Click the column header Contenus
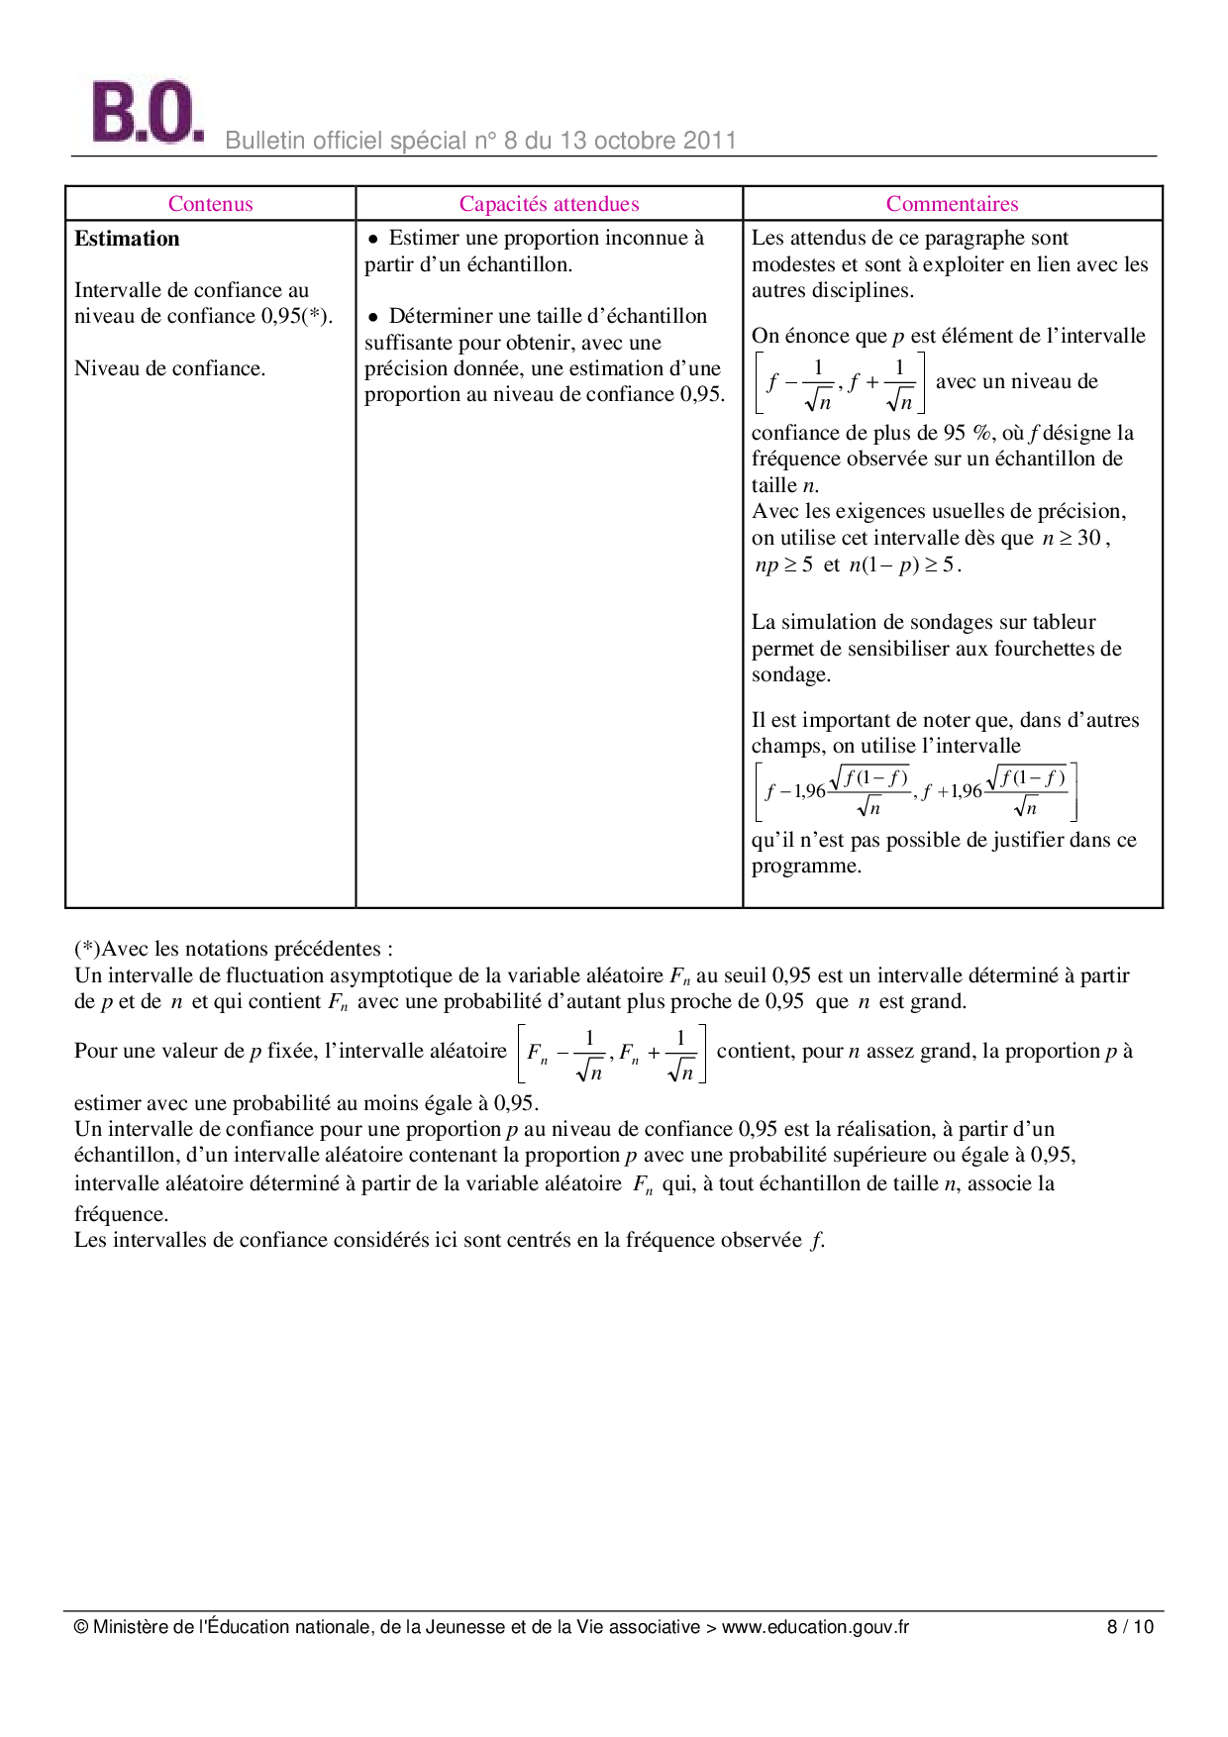tap(210, 204)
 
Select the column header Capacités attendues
tap(549, 204)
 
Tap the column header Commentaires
tap(952, 204)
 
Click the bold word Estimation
tap(127, 239)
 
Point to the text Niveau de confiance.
tap(169, 368)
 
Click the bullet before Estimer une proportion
tap(373, 239)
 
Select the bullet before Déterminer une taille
tap(373, 317)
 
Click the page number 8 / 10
tap(1130, 1626)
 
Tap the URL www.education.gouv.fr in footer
tap(814, 1626)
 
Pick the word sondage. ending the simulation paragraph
tap(790, 674)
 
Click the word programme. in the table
tap(806, 866)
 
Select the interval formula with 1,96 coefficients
tap(915, 791)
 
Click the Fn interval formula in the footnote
tap(611, 1054)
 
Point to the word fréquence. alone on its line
tap(121, 1214)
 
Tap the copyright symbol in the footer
tap(81, 1626)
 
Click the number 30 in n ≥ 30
tap(1088, 538)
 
